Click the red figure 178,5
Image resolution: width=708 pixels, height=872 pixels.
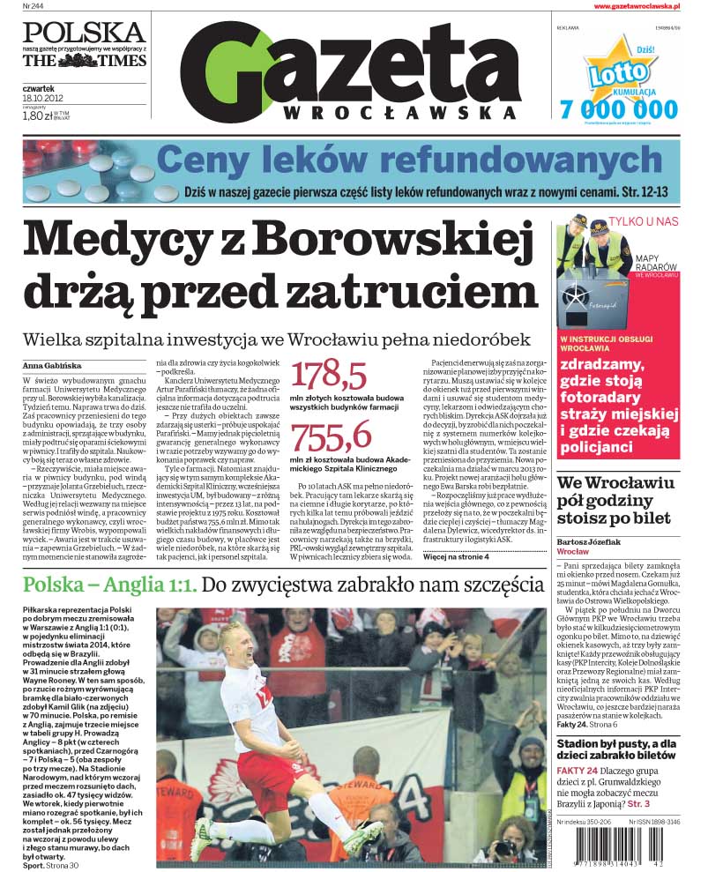tap(329, 376)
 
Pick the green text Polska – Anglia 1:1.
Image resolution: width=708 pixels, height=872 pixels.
tap(111, 585)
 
